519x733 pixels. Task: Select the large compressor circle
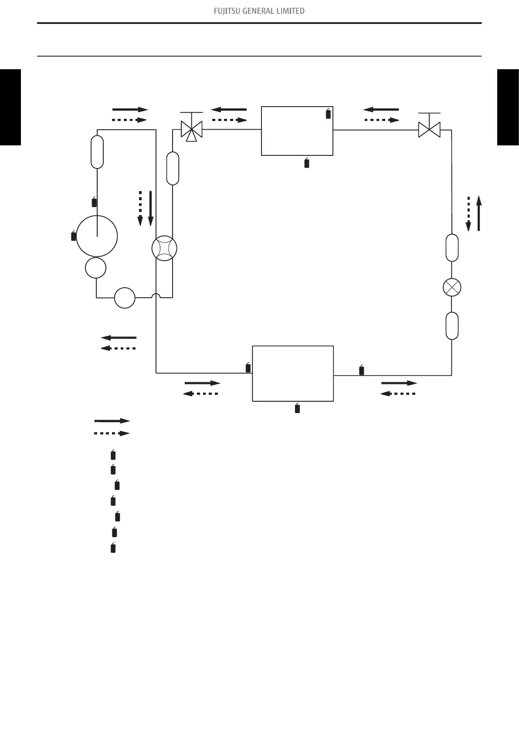97,236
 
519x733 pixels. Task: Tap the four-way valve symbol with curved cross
164,249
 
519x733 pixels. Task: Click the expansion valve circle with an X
452,287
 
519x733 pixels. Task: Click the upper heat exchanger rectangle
297,131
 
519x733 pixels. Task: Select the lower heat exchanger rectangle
293,373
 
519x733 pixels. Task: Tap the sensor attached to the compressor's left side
74,236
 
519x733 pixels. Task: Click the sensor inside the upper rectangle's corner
328,114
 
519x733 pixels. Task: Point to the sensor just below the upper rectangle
307,163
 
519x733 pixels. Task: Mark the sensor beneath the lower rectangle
297,408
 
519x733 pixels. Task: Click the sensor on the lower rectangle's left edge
248,368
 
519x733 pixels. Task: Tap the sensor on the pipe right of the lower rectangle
361,370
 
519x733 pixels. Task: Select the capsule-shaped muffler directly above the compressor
97,151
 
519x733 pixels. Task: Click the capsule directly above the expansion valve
452,248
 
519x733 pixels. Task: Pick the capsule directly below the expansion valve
452,326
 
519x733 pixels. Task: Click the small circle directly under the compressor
95,267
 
